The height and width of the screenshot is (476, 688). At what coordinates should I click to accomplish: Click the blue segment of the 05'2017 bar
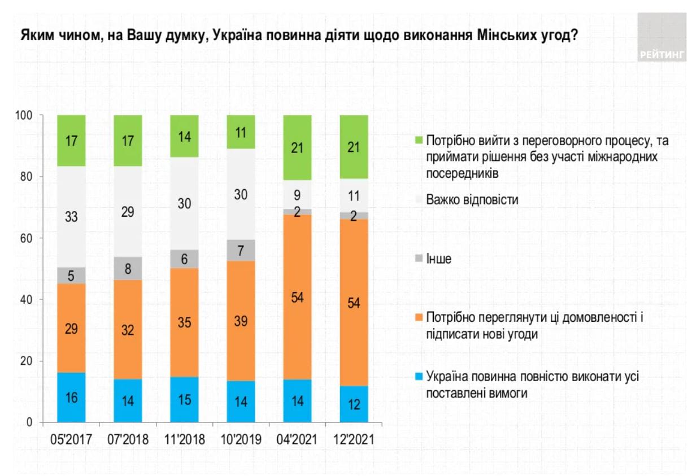point(71,397)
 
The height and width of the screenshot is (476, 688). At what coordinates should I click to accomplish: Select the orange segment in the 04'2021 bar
point(297,297)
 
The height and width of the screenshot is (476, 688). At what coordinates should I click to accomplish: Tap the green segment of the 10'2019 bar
point(241,132)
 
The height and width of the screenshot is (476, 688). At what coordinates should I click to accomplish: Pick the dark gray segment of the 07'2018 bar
point(128,268)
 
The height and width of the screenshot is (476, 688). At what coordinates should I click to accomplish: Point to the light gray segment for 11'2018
point(184,203)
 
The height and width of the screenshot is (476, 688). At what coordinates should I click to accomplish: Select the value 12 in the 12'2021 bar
point(354,405)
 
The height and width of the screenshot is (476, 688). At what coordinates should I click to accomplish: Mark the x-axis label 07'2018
point(128,440)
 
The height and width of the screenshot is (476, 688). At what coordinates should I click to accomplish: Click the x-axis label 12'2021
point(354,440)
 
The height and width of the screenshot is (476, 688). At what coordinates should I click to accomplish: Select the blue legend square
point(418,376)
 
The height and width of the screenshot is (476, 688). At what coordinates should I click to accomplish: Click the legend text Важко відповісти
point(472,199)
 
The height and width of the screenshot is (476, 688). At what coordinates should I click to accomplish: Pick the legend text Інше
point(439,260)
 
